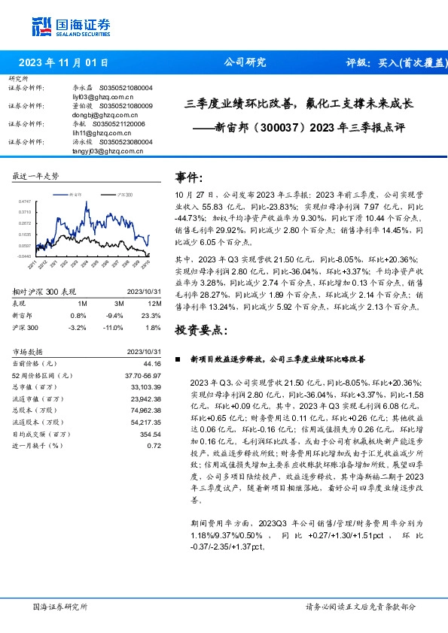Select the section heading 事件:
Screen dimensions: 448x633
click(189, 177)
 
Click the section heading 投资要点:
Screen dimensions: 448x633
click(201, 330)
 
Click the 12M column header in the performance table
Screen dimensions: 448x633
click(156, 302)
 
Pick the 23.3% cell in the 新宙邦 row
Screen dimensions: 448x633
click(153, 316)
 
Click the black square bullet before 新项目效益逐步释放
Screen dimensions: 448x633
click(178, 360)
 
